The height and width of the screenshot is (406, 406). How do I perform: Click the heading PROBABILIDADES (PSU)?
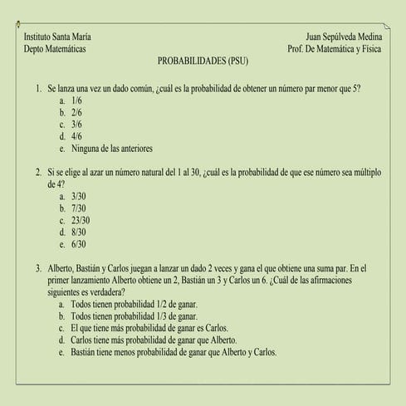click(203, 61)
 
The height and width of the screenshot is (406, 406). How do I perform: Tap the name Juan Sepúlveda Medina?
click(344, 37)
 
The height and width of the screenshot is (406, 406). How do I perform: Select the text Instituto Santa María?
click(58, 37)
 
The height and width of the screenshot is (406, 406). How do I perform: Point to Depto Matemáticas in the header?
click(55, 49)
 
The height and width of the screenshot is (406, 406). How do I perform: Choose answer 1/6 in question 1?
click(77, 100)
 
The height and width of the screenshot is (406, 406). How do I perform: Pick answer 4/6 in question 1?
click(77, 136)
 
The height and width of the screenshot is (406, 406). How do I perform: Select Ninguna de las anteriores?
click(113, 149)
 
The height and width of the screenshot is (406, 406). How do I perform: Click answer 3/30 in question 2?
click(79, 197)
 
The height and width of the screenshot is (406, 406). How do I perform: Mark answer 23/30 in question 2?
click(81, 221)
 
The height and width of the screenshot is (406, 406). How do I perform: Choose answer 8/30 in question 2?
click(79, 233)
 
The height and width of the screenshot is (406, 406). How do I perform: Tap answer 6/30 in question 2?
click(79, 245)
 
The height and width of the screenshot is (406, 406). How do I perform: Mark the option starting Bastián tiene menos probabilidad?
click(174, 352)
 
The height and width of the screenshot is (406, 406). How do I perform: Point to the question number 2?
click(38, 173)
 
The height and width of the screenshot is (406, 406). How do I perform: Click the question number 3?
click(38, 269)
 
